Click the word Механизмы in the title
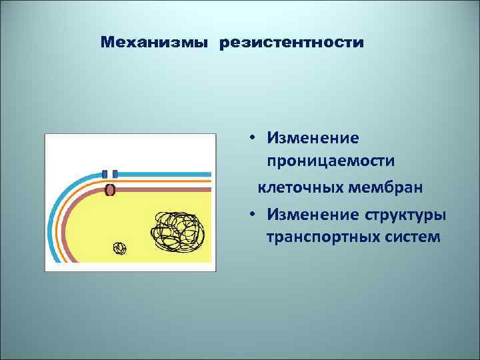point(155,43)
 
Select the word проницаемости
point(331,162)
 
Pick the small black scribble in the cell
point(119,249)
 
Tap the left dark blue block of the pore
point(105,173)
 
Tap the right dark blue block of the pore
point(115,173)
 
